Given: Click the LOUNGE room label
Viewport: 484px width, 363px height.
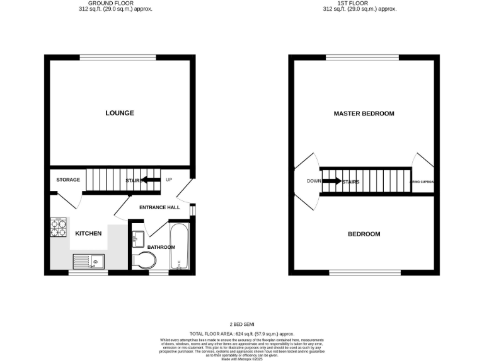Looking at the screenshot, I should pyautogui.click(x=119, y=113).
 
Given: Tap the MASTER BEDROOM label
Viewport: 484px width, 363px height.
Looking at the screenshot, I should pyautogui.click(x=364, y=113).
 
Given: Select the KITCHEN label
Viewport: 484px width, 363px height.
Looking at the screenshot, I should pyautogui.click(x=88, y=234).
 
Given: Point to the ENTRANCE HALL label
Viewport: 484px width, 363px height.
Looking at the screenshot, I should pyautogui.click(x=160, y=207).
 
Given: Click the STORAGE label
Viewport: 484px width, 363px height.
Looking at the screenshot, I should pyautogui.click(x=68, y=180).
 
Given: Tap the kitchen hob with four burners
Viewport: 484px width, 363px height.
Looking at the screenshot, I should pyautogui.click(x=59, y=228).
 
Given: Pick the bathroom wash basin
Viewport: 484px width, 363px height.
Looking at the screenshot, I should pyautogui.click(x=138, y=238).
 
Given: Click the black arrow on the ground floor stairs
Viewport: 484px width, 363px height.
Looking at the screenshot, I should pyautogui.click(x=150, y=180).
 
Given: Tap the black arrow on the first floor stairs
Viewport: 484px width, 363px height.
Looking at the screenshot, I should pyautogui.click(x=331, y=181).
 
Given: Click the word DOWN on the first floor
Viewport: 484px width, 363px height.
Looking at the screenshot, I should pyautogui.click(x=314, y=181).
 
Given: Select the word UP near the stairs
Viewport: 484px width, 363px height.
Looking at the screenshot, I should pyautogui.click(x=168, y=180).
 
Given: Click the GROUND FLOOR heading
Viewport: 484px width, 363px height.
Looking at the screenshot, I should pyautogui.click(x=110, y=3).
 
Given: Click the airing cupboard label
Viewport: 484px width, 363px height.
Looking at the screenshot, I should pyautogui.click(x=422, y=181).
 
